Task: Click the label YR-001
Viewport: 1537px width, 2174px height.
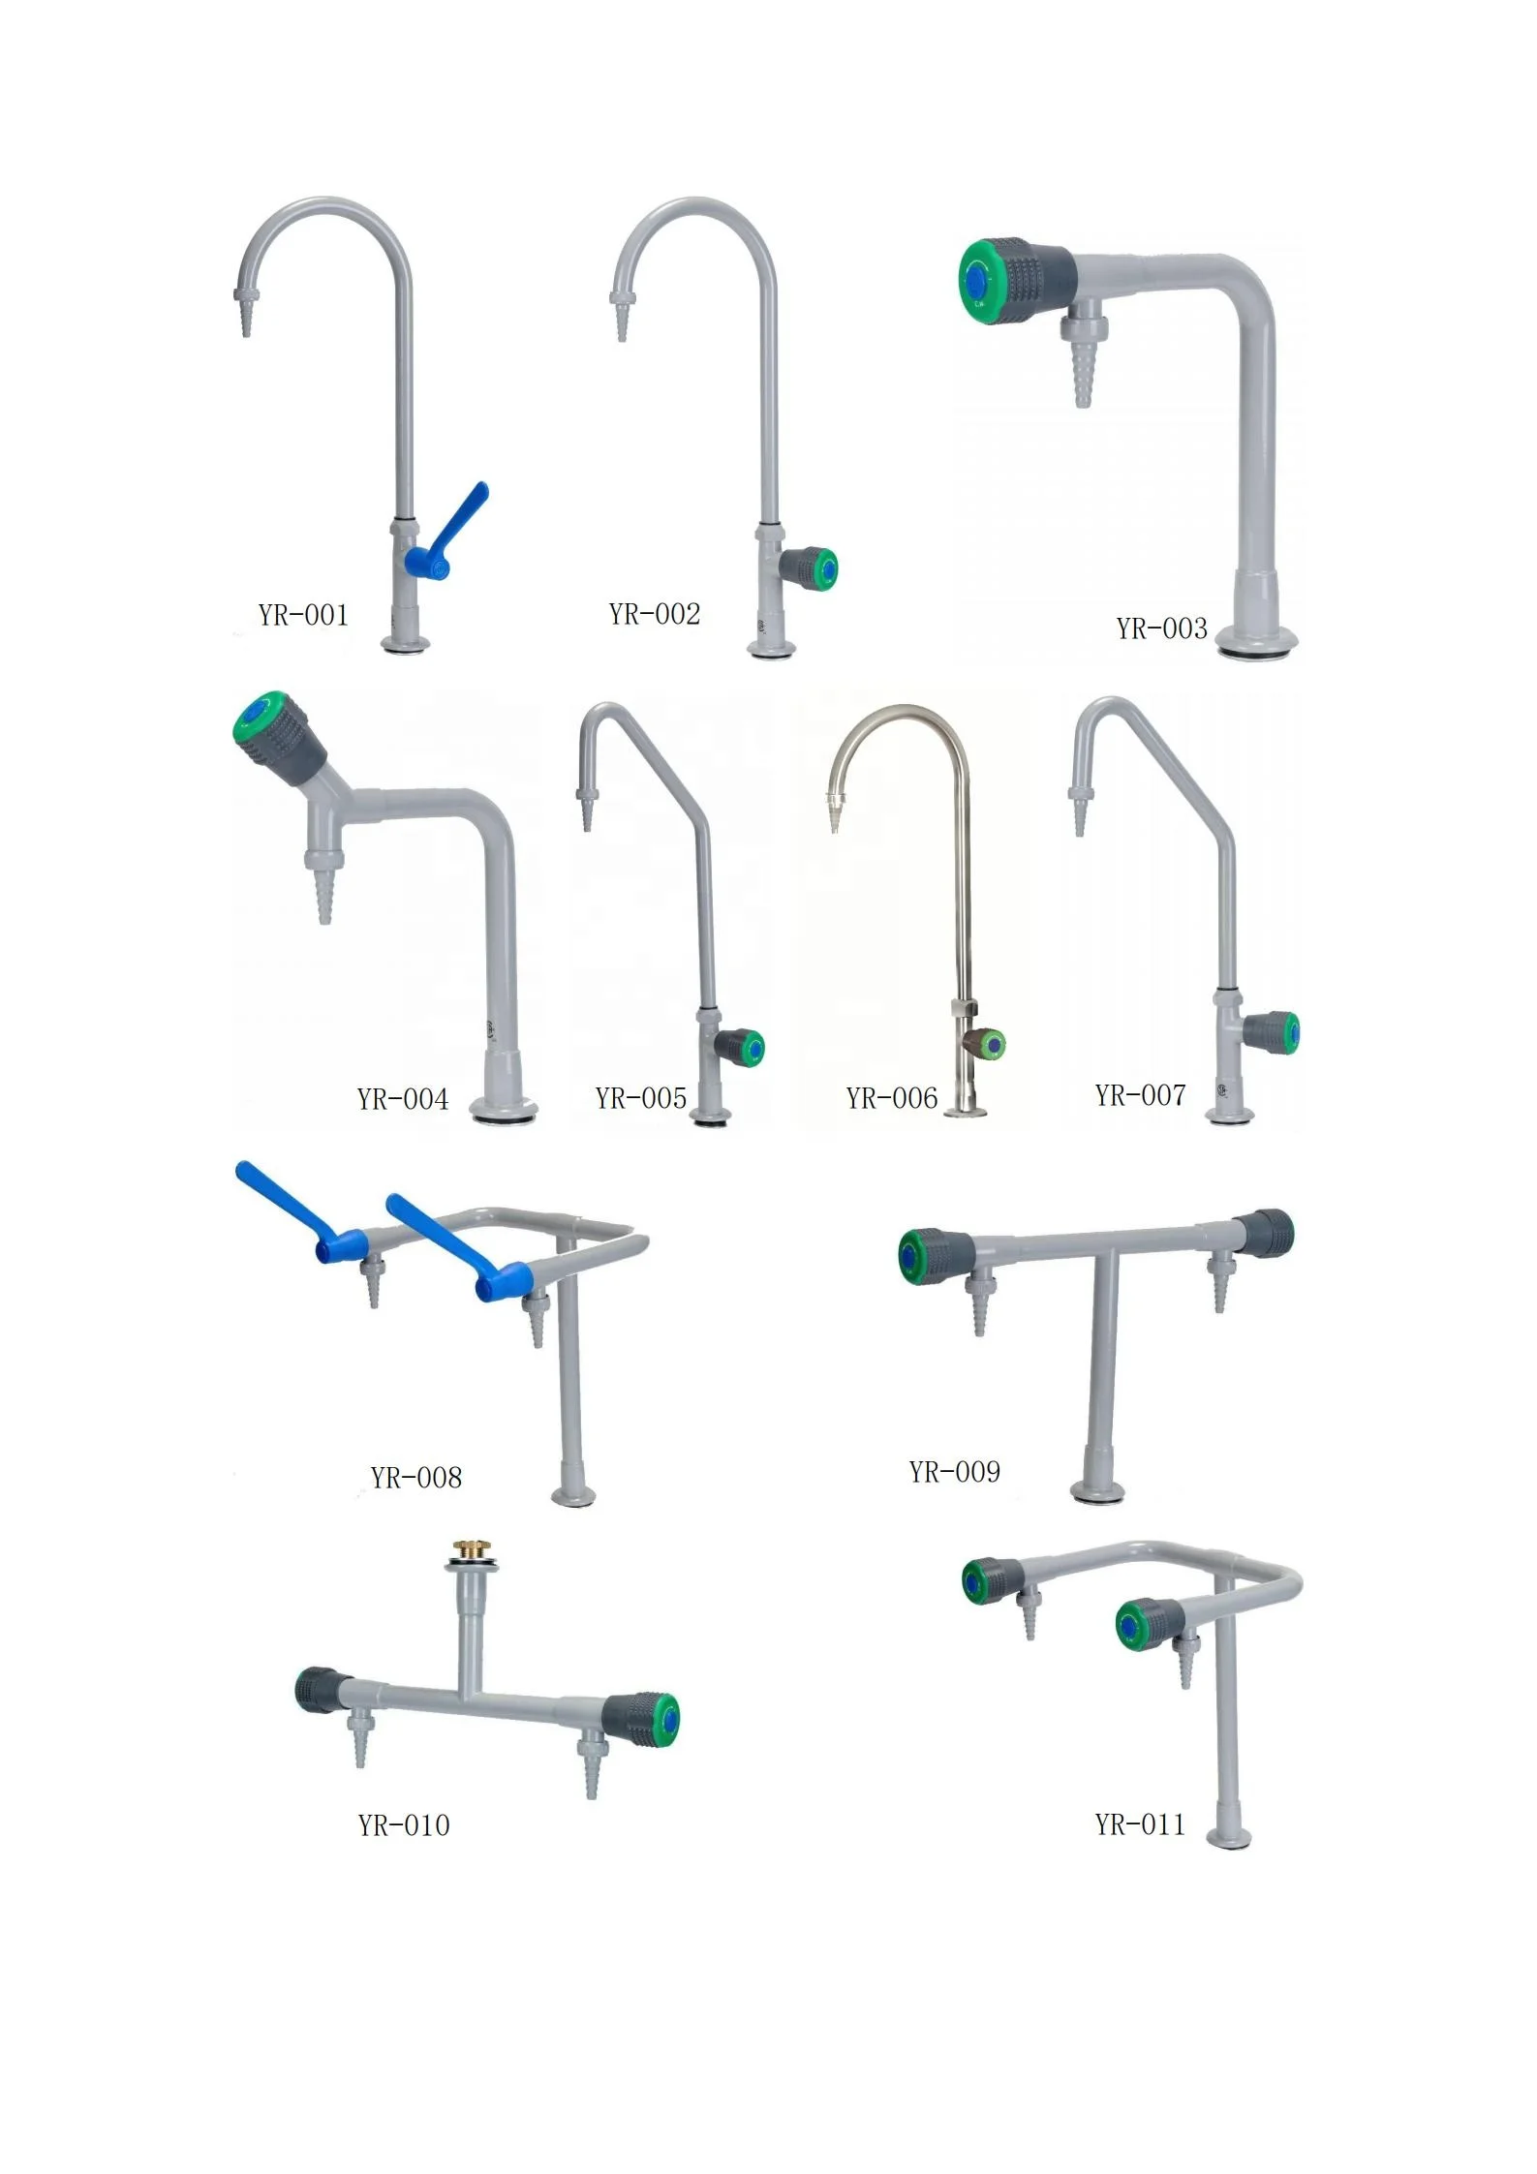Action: point(302,615)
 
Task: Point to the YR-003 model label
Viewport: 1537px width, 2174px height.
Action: point(1161,628)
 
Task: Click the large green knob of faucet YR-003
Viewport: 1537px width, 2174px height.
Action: point(986,280)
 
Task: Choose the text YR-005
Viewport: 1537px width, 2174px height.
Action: point(640,1098)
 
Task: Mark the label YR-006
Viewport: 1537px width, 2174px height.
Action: point(891,1098)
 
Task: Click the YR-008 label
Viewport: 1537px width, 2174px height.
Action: point(415,1478)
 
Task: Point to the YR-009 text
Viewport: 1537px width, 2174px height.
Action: point(954,1472)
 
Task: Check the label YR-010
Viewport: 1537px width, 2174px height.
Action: point(403,1825)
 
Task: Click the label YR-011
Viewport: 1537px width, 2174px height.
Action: point(1139,1824)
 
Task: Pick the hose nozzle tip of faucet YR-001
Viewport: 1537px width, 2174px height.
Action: point(246,321)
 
